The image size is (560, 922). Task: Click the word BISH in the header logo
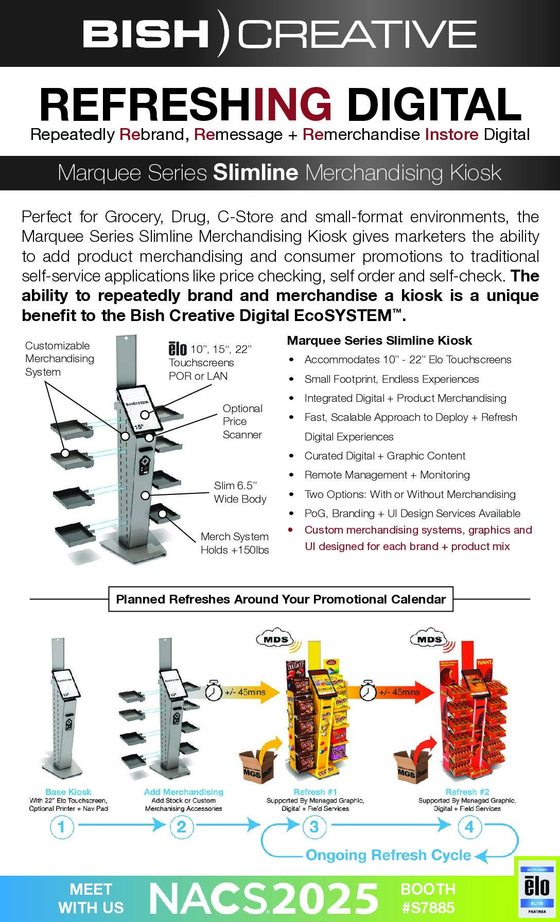click(145, 34)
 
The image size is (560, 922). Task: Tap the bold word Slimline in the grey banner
click(255, 173)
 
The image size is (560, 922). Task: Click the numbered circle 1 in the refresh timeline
click(62, 827)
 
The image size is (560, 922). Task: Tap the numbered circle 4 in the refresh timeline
click(469, 827)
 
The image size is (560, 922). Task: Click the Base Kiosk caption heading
click(68, 792)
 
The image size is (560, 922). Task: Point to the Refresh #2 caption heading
click(467, 792)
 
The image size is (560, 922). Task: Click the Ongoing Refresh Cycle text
click(388, 855)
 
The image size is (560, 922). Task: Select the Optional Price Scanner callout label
click(242, 421)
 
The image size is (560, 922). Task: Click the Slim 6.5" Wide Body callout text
click(240, 492)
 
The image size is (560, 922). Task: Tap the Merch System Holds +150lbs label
click(235, 543)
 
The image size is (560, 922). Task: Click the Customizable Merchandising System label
click(59, 359)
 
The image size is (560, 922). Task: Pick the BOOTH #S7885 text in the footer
click(428, 898)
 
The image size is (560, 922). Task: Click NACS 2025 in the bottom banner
click(264, 898)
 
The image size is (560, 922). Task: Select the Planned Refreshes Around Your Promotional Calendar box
click(281, 599)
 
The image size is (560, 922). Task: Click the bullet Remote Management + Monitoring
click(387, 475)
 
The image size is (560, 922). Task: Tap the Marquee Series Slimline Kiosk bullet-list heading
click(379, 341)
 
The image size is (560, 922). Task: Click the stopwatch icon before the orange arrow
click(213, 690)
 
